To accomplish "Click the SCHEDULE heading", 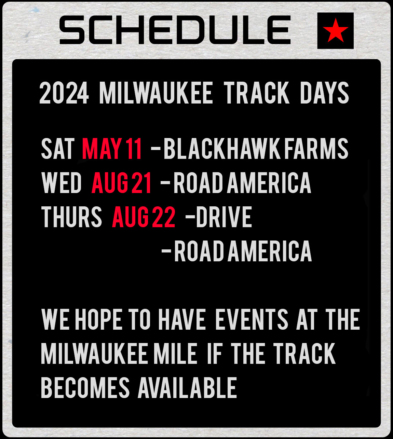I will point(175,30).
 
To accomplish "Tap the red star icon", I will point(335,31).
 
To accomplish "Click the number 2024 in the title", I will point(64,93).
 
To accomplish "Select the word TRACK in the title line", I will point(257,93).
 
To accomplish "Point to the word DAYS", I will point(324,93).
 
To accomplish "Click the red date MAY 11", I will point(112,149).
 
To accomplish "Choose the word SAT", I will point(58,149).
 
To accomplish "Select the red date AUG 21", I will point(122,183).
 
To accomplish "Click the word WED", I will point(62,183).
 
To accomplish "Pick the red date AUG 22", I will point(144,217).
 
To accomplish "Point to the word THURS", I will point(71,217).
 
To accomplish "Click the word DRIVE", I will point(224,217).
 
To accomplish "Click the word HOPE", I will point(98,320).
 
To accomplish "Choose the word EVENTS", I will point(252,320).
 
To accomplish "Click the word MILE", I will point(175,354).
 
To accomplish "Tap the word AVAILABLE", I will point(187,388).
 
